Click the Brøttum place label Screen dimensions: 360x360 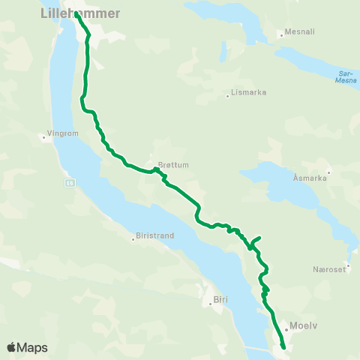tap(173, 165)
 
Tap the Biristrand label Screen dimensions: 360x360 tap(155, 235)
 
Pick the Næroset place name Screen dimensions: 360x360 tap(328, 268)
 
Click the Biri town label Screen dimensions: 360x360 tap(220, 300)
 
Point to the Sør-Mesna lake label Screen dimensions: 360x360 tap(346, 78)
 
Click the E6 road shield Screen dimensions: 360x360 tap(69, 182)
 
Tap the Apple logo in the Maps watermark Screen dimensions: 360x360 tap(12, 347)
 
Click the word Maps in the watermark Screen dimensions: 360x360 tap(33, 348)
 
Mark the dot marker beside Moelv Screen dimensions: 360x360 tap(286, 328)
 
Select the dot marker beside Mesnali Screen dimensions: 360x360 tap(279, 34)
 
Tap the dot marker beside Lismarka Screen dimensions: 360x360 tap(227, 96)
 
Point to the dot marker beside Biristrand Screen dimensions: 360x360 tap(133, 239)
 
